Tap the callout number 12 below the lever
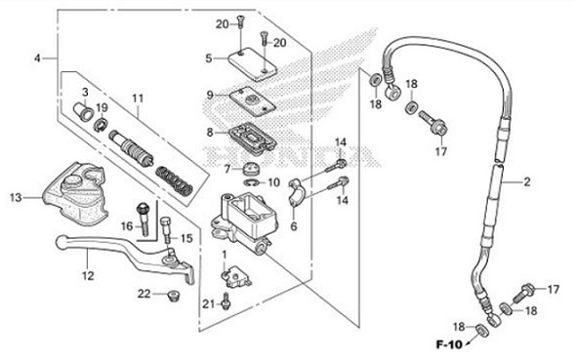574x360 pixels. point(88,276)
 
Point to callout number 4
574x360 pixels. point(37,59)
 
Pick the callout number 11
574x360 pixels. point(138,98)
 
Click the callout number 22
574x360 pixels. point(143,294)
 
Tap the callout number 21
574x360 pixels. point(208,303)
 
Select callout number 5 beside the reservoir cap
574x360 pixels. point(208,59)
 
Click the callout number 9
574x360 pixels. point(208,95)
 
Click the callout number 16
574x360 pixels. point(127,225)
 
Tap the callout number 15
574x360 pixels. point(186,237)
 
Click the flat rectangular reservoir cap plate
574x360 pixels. point(250,62)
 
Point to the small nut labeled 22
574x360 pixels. point(174,294)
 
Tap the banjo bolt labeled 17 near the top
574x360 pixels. point(429,123)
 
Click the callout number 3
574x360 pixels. point(85,92)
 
